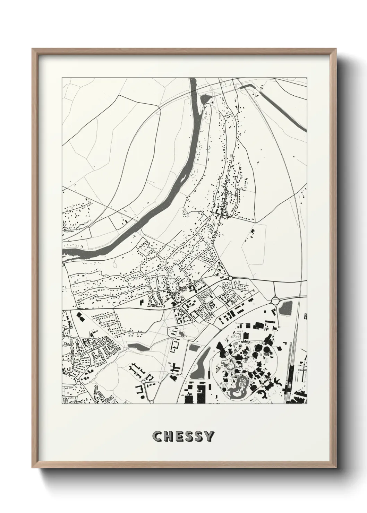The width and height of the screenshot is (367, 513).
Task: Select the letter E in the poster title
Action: [177, 436]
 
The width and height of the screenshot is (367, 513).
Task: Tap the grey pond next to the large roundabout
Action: [286, 308]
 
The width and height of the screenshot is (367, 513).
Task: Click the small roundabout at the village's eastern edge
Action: [230, 278]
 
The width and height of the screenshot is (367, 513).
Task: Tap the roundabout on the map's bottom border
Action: [152, 402]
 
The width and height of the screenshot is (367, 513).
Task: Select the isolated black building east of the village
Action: [252, 231]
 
